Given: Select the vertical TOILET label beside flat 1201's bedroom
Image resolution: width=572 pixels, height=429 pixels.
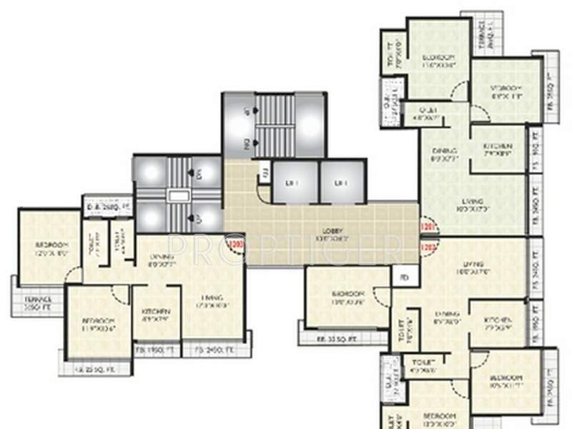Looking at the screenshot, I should tap(391, 53).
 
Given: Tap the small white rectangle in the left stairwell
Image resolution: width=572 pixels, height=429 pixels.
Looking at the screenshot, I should tap(175, 194).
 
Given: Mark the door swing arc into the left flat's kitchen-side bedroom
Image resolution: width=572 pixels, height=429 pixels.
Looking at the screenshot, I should tap(120, 292).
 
